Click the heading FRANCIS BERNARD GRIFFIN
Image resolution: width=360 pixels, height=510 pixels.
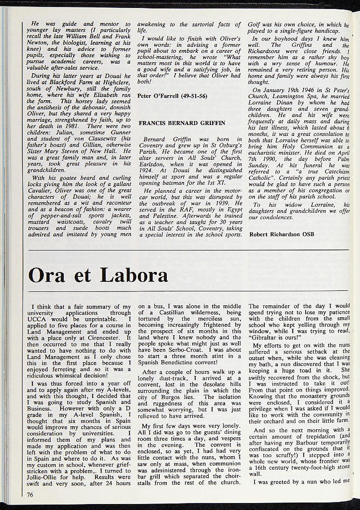click(182, 123)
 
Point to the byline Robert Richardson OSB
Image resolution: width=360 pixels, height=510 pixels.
click(282, 234)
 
